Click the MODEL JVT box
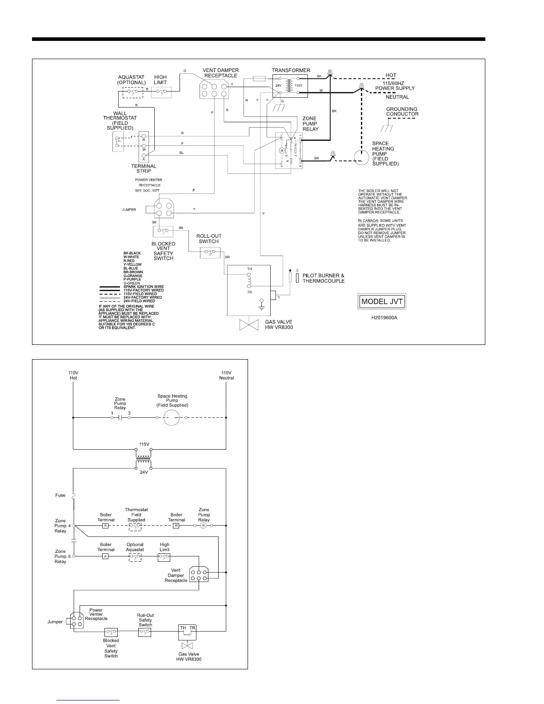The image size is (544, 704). click(382, 301)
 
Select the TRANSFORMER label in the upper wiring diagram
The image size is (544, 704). click(291, 70)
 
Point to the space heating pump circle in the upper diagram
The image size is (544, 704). click(363, 157)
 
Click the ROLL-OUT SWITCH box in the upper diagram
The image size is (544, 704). click(209, 253)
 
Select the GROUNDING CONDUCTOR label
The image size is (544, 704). click(402, 111)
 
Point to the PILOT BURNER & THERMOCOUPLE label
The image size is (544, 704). click(323, 278)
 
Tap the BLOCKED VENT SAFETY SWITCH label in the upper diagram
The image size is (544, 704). click(163, 251)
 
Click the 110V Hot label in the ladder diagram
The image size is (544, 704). click(73, 375)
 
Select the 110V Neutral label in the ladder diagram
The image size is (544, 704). click(226, 375)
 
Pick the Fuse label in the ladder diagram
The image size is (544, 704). click(60, 495)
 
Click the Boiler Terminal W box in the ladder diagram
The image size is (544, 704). click(176, 526)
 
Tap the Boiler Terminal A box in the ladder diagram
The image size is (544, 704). click(105, 556)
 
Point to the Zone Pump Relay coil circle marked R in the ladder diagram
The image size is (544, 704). click(204, 526)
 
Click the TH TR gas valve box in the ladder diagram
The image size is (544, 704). click(187, 631)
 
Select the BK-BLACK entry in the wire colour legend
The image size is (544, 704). click(132, 253)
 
